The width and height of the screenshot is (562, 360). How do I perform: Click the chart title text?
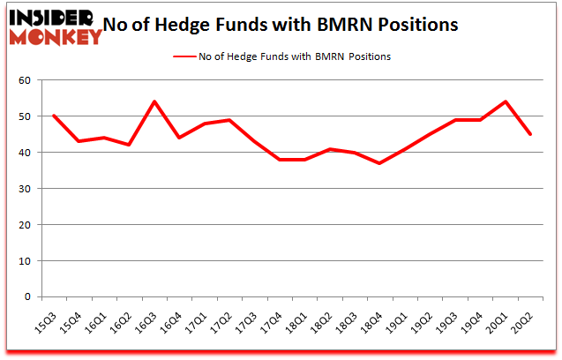click(x=281, y=25)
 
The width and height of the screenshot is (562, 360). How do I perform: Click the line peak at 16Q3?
click(x=154, y=101)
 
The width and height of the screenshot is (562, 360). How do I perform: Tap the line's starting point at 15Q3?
click(x=55, y=116)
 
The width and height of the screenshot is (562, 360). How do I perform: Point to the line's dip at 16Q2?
click(x=130, y=145)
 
